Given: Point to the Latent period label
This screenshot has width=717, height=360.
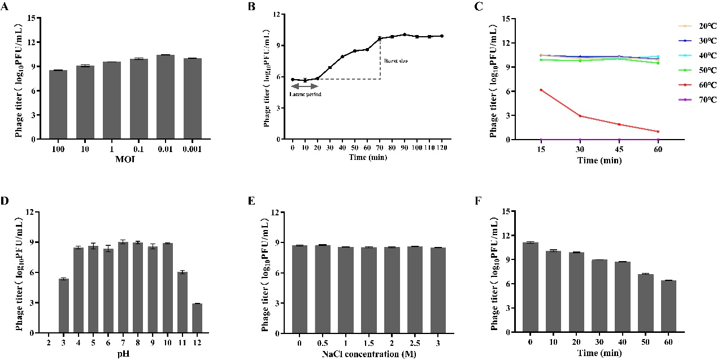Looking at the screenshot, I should [306, 94].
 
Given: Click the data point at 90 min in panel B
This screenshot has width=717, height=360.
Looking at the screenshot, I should [405, 34].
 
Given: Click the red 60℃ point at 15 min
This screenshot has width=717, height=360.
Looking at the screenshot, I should [541, 90].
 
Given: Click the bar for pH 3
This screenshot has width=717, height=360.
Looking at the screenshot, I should [64, 306].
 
